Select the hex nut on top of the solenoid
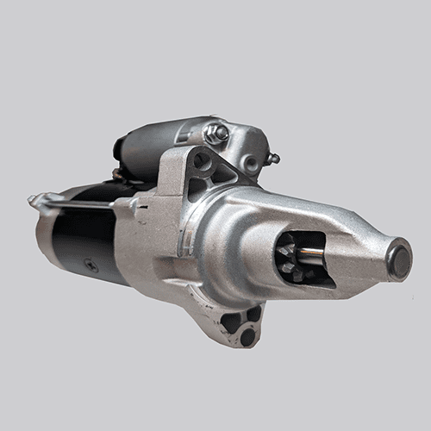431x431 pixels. coord(215,134)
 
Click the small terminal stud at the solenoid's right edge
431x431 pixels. coord(272,159)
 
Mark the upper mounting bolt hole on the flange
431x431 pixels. coord(202,160)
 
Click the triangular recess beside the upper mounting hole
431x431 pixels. coord(222,175)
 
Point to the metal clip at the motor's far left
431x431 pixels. coord(36,202)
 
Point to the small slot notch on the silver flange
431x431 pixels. coord(141,207)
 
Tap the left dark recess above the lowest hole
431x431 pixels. coord(230,322)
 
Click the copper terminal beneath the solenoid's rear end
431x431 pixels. coord(118,173)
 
